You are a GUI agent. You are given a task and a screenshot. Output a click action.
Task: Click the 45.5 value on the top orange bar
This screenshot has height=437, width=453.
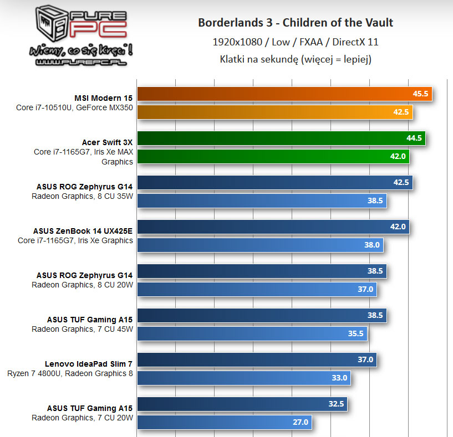pos(420,94)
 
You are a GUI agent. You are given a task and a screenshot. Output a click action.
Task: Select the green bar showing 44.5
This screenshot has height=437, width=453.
pos(281,138)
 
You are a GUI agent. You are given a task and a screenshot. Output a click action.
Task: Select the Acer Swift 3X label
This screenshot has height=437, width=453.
pos(108,142)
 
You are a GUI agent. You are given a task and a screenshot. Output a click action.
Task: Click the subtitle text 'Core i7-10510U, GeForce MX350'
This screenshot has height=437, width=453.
pos(75,107)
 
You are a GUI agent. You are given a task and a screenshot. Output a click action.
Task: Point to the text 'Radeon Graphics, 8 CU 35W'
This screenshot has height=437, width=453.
pos(82,196)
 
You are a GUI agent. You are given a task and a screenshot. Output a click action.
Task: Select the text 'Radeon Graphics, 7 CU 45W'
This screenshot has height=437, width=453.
pos(82,329)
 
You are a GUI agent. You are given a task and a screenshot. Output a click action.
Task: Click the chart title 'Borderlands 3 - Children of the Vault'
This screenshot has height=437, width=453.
pos(296,23)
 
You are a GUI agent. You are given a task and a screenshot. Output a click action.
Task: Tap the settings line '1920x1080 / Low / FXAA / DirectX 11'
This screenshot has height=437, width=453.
pos(296,42)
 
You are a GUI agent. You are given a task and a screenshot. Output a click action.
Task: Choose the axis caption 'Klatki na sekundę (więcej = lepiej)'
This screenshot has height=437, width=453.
pos(296,59)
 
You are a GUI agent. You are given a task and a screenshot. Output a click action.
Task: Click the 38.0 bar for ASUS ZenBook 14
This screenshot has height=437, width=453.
pos(259,245)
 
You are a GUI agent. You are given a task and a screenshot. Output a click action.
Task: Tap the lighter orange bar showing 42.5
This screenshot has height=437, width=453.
pos(274,112)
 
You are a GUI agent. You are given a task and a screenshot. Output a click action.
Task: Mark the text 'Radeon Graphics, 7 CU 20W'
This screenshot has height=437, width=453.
pos(82,418)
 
